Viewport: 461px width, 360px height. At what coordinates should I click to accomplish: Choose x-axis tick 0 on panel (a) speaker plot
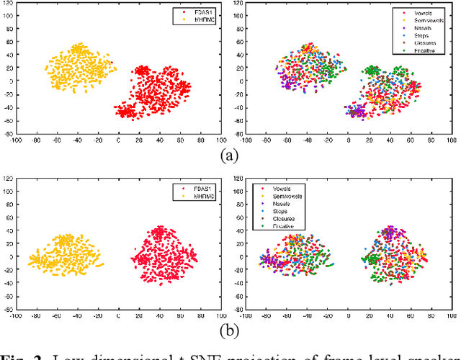tap(119, 140)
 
